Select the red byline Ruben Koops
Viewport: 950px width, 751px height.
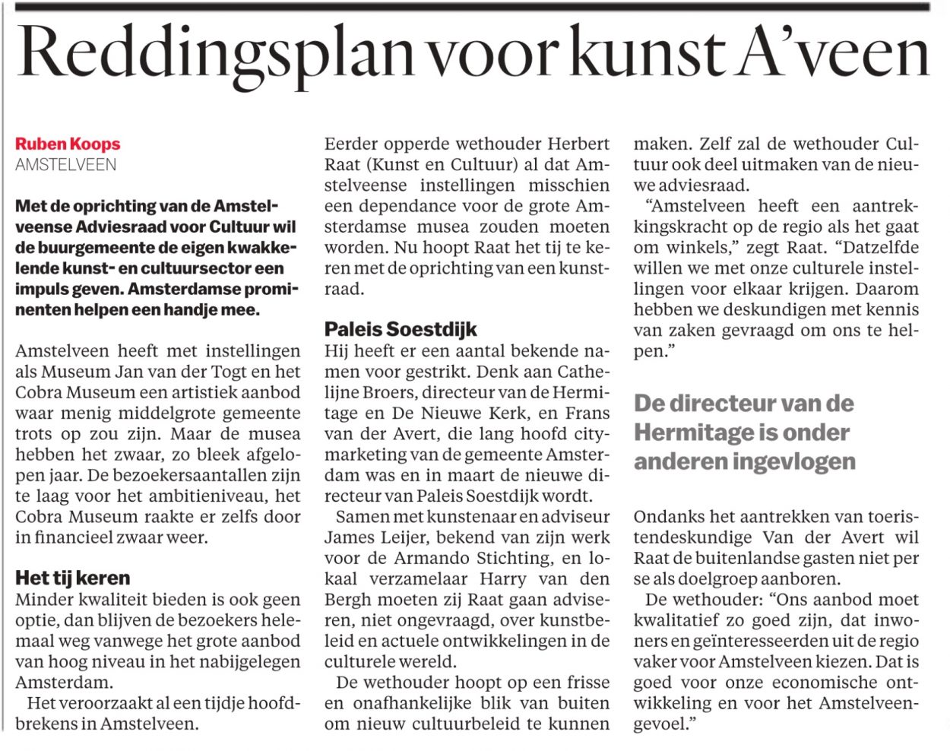pos(68,144)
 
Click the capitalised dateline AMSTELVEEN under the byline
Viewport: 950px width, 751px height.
pos(66,164)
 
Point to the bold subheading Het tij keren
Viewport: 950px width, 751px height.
pos(72,578)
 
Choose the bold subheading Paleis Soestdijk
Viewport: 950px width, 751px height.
pos(401,329)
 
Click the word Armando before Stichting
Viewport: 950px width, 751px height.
pos(431,558)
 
